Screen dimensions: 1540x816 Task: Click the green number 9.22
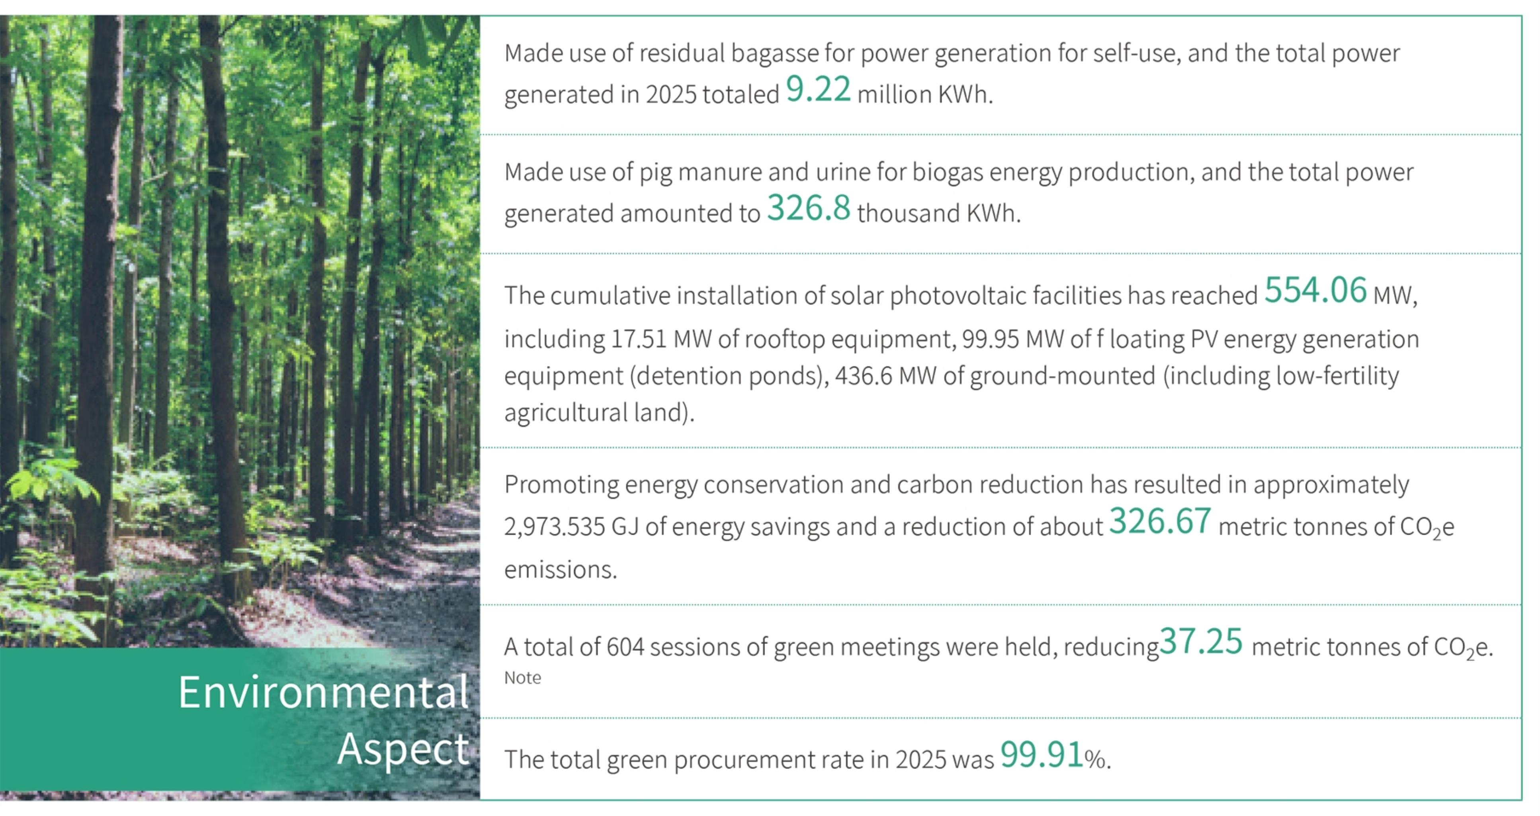pos(818,89)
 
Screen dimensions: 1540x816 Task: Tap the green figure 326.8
pos(808,208)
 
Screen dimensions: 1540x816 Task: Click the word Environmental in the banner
pos(323,692)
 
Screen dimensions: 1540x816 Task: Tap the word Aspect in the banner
pos(403,749)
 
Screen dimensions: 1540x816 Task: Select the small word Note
pos(522,678)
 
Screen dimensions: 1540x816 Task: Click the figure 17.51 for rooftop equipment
pos(639,339)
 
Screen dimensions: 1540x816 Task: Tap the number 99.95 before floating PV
pos(990,339)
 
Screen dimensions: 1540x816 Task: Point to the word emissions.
pos(560,569)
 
